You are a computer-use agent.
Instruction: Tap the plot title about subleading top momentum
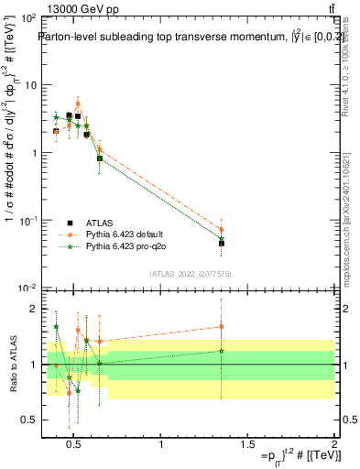179,38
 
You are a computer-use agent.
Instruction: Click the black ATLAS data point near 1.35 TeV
222,243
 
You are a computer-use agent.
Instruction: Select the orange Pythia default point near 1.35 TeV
222,230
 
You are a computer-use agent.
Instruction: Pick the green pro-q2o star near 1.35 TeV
222,239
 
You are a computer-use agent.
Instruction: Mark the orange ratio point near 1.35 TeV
222,326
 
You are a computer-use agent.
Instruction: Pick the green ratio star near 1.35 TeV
222,351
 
